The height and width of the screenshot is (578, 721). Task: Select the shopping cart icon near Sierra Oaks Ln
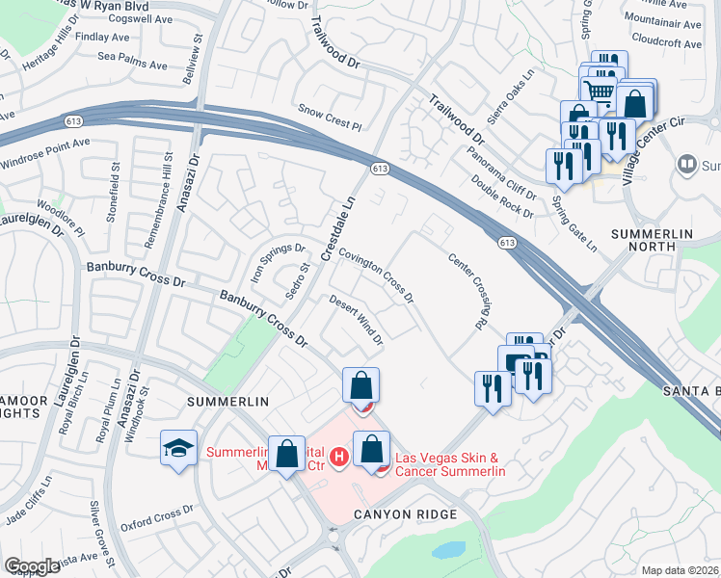600,91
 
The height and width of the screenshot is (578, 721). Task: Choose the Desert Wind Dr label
357,320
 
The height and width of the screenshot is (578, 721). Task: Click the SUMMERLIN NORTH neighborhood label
661,244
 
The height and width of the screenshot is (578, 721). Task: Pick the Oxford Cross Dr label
150,518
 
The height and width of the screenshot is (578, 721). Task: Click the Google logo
32,566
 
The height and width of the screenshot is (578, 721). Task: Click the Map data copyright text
681,570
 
